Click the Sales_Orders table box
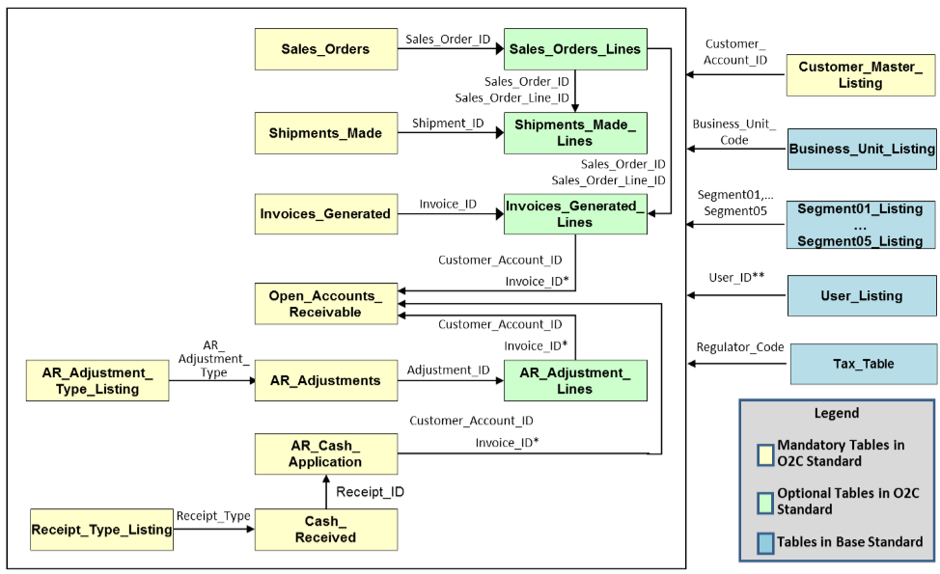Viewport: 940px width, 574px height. click(325, 49)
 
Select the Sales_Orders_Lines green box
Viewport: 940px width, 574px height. click(575, 49)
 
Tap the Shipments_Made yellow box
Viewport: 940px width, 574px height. click(325, 133)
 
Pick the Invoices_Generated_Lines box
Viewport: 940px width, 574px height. click(575, 214)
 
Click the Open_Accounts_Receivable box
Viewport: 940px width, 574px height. click(325, 304)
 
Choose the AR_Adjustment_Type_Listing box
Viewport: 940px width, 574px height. click(97, 380)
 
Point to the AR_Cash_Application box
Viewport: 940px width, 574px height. click(325, 454)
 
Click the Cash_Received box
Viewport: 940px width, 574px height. click(325, 530)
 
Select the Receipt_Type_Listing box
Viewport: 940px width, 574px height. click(102, 530)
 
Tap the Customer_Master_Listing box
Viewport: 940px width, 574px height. click(861, 75)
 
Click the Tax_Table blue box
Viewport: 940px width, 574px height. click(863, 364)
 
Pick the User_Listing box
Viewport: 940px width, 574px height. click(862, 295)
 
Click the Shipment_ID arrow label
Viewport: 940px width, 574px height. click(448, 123)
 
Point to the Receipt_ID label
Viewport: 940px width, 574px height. click(370, 492)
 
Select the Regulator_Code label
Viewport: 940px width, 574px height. click(740, 347)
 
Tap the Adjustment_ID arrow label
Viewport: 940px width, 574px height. click(449, 370)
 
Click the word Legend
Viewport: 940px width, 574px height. click(837, 413)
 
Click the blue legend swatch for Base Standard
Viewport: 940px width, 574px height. click(765, 543)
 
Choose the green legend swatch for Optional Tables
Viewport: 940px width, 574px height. click(765, 504)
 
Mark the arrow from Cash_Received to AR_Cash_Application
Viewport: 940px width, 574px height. click(326, 492)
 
